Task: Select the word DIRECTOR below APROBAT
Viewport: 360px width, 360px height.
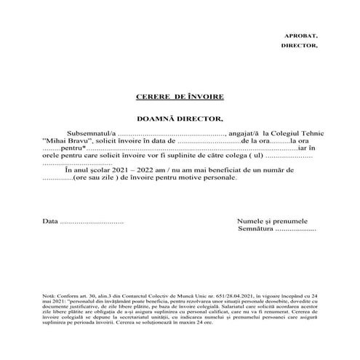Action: click(x=299, y=45)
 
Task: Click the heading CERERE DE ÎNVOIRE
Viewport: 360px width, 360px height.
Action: click(x=180, y=96)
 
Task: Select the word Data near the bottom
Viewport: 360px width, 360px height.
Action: click(x=49, y=220)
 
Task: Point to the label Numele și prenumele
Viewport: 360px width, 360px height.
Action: click(x=273, y=220)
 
